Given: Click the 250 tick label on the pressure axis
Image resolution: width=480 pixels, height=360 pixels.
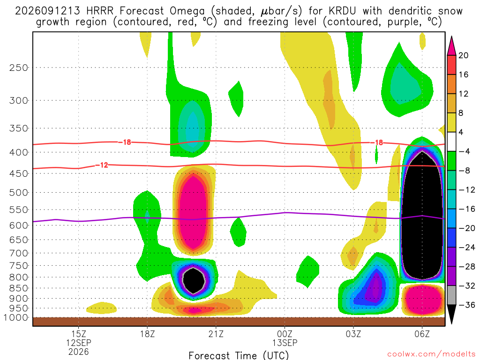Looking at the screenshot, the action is click(x=18, y=67).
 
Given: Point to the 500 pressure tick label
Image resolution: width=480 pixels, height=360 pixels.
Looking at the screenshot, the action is click(x=18, y=193).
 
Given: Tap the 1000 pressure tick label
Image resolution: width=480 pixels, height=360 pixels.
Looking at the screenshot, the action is click(x=16, y=317).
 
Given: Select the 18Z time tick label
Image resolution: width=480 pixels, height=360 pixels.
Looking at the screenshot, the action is click(x=147, y=334).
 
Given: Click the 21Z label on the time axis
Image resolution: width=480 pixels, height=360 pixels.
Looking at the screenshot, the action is click(x=216, y=334).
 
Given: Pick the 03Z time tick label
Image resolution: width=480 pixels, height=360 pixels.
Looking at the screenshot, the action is click(x=353, y=334).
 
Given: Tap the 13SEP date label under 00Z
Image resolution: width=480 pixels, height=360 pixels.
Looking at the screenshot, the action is click(x=285, y=343).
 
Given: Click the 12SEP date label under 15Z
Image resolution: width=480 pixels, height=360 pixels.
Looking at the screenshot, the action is click(x=79, y=343).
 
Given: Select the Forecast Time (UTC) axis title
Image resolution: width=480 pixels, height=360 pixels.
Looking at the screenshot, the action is click(x=239, y=355).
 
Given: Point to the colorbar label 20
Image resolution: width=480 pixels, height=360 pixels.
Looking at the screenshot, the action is click(x=463, y=55).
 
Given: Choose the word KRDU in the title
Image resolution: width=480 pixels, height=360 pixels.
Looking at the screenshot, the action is click(x=342, y=11).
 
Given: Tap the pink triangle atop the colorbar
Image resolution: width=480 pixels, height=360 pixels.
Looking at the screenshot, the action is click(x=451, y=45).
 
